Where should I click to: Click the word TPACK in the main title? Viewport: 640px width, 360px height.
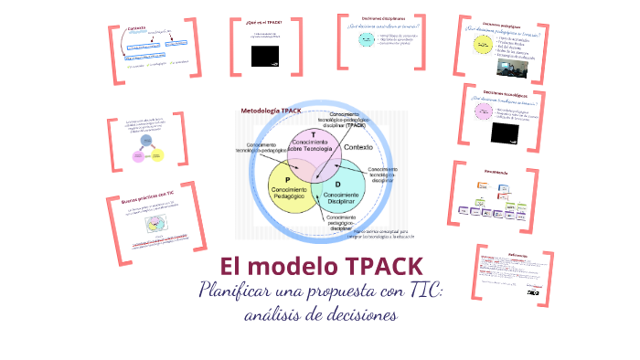(x=384, y=268)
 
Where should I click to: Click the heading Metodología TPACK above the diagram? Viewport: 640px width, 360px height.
(x=272, y=111)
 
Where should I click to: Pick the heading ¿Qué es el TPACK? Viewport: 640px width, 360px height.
(x=264, y=20)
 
